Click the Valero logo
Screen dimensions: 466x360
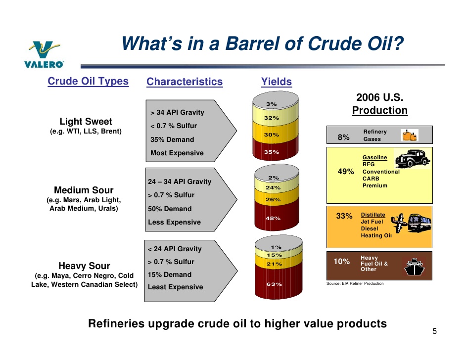[44, 54]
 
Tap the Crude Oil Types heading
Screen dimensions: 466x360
[88, 81]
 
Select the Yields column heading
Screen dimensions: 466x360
[277, 82]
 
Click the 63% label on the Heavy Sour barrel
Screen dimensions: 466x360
[274, 284]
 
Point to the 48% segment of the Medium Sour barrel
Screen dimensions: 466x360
[277, 215]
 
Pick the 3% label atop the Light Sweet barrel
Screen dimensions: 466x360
[271, 104]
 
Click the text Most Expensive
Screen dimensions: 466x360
[177, 153]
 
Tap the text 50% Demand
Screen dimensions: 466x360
[170, 209]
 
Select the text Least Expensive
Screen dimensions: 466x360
[175, 287]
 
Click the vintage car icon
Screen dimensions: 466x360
[412, 158]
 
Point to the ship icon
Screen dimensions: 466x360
[414, 267]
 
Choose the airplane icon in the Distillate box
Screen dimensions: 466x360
[399, 223]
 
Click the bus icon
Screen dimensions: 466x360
[419, 223]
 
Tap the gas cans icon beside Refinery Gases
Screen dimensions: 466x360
[410, 135]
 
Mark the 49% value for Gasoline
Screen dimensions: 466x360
[346, 172]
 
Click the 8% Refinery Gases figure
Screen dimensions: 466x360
[343, 137]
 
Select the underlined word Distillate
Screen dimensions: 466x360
[373, 215]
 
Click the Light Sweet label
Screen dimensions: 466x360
[86, 121]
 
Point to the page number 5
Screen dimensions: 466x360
[434, 331]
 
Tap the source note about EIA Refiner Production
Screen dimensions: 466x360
[355, 283]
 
